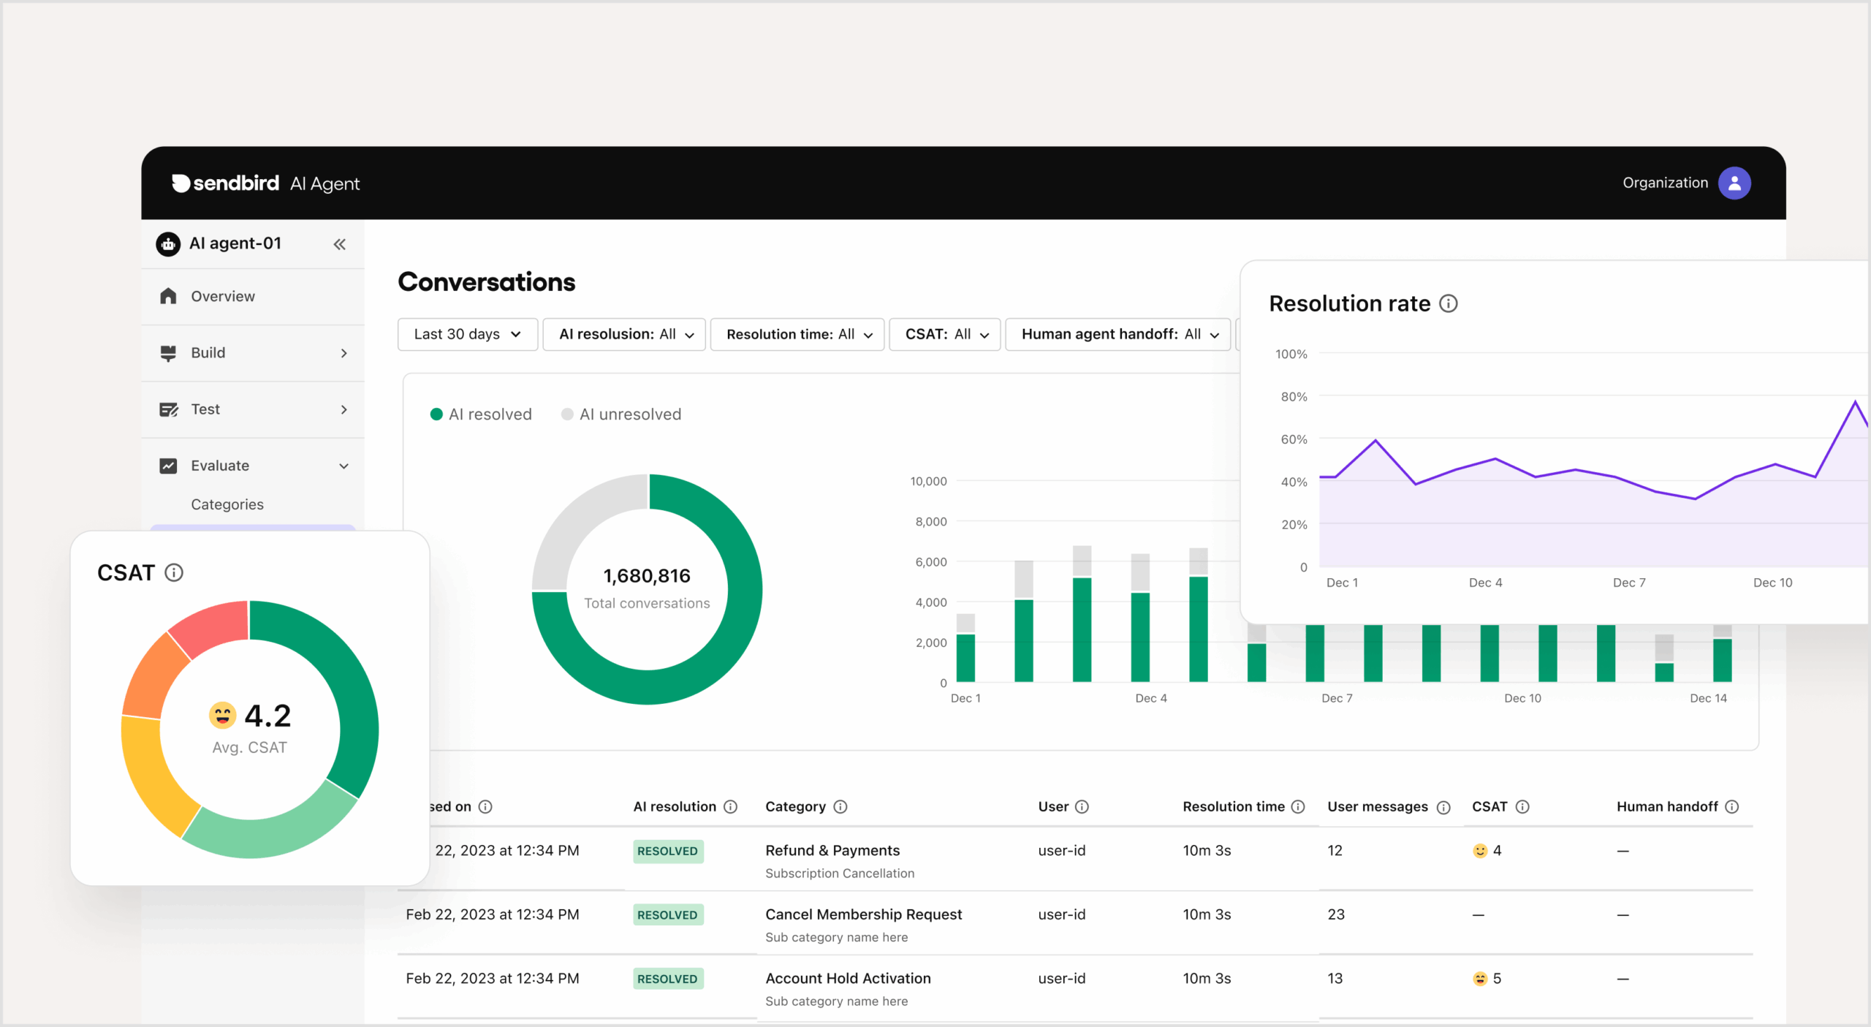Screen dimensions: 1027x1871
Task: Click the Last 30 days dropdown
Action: tap(467, 334)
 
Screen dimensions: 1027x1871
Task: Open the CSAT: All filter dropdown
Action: tap(944, 334)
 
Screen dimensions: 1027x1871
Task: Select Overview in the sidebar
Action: tap(222, 296)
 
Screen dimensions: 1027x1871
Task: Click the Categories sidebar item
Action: tap(227, 504)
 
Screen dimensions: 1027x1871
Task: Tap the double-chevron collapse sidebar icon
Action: tap(339, 244)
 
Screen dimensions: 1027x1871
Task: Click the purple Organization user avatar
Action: tap(1734, 183)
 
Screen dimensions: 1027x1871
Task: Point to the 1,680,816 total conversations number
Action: tap(646, 576)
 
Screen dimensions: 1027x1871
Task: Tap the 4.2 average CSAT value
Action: tap(267, 716)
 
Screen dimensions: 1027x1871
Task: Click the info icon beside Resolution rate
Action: tap(1448, 303)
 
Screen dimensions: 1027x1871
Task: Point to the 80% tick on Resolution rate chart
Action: tap(1293, 396)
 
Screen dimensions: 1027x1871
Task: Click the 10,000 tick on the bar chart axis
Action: tap(927, 481)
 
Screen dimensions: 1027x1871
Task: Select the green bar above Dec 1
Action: tap(965, 658)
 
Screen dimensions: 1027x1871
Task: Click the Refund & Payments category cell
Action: tap(832, 850)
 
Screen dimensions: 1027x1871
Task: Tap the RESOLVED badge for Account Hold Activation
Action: tap(667, 979)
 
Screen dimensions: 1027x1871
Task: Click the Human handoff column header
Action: tap(1666, 806)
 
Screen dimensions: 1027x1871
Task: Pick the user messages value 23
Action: tap(1335, 914)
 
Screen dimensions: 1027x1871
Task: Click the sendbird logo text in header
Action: tap(235, 183)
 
